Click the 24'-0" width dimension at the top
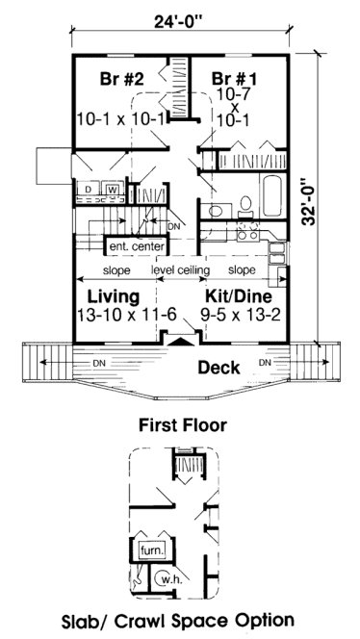(181, 16)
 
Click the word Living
(113, 295)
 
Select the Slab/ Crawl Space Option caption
(181, 620)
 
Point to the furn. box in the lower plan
(152, 550)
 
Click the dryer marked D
(90, 191)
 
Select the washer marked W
(112, 191)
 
